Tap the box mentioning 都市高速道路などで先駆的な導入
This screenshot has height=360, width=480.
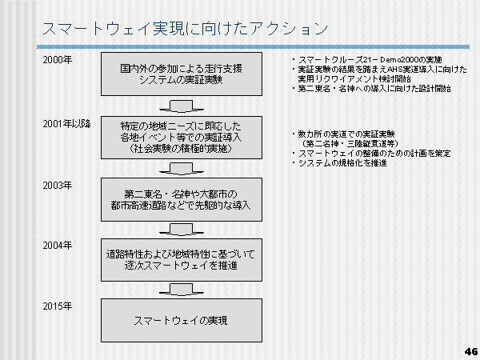(182, 199)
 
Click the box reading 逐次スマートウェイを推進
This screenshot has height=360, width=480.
(182, 259)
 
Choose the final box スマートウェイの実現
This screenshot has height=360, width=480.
(182, 320)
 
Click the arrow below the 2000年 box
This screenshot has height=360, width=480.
(182, 106)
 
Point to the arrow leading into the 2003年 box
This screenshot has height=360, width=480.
(182, 168)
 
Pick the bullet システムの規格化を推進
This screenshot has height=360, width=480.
(341, 163)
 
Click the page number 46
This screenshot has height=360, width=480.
(470, 350)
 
